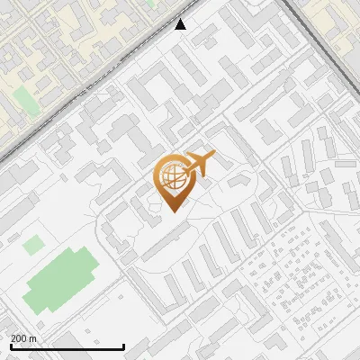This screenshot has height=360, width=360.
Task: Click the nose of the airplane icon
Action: (213, 156)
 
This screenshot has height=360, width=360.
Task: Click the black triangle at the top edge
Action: (181, 24)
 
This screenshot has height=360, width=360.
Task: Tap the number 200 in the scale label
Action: (19, 338)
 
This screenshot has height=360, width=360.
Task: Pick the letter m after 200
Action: (33, 338)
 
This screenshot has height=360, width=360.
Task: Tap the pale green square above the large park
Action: (32, 244)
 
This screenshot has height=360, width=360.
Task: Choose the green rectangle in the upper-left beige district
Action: (28, 101)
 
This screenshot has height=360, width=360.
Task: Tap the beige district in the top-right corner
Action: (337, 22)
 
